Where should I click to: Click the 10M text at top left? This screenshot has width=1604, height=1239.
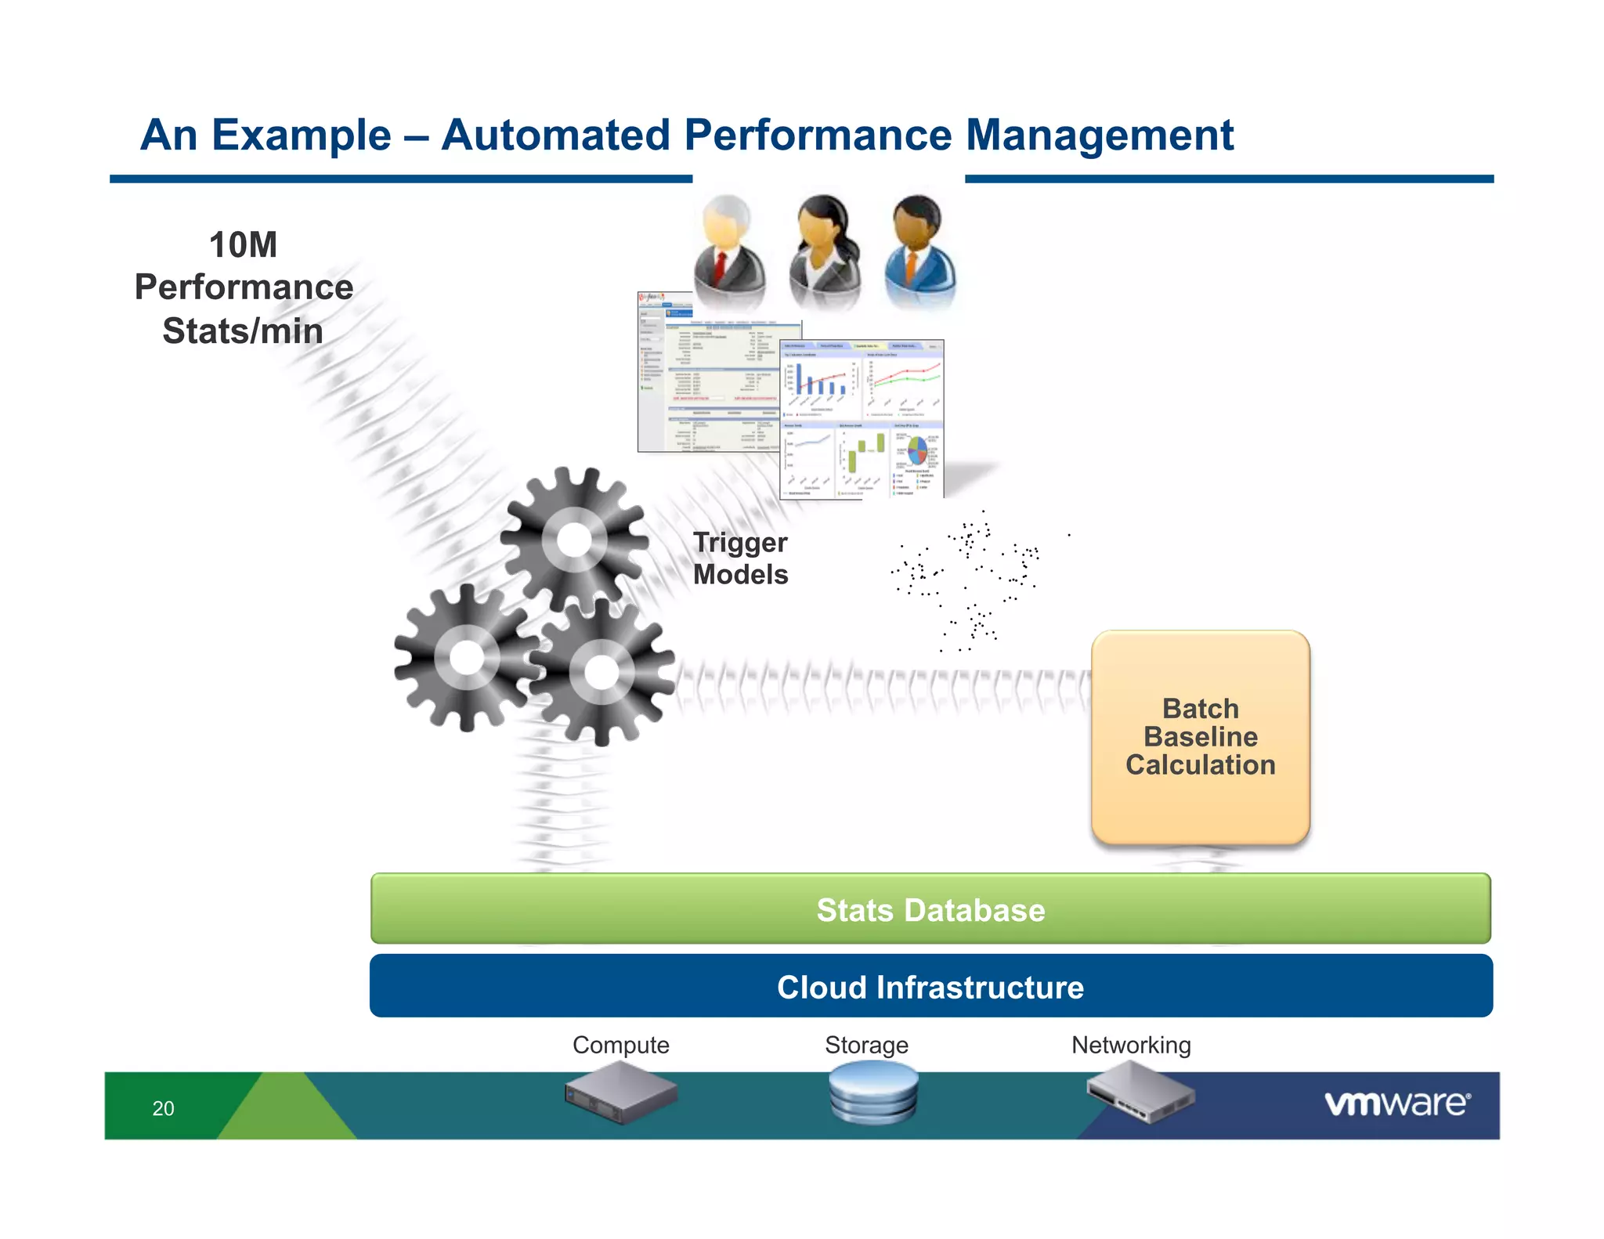point(243,245)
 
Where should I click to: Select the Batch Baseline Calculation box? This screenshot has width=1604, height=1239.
point(1200,737)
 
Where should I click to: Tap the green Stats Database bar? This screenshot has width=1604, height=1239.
point(930,909)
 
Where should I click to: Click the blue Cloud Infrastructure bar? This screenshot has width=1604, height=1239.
point(930,987)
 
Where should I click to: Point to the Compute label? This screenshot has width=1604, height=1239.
point(620,1045)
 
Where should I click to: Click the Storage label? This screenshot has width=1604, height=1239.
point(866,1045)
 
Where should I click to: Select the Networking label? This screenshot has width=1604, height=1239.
point(1130,1045)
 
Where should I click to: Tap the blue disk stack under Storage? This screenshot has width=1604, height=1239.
point(872,1092)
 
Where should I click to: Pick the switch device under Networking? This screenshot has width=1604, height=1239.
point(1140,1092)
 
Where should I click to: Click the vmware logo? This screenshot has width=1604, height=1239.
point(1396,1104)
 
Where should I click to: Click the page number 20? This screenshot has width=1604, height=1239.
point(163,1108)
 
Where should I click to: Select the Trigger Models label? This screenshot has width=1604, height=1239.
point(739,558)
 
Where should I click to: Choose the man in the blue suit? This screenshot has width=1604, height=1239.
point(919,251)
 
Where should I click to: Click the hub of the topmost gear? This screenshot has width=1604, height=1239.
point(574,540)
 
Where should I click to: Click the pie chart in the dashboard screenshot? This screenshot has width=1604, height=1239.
point(917,450)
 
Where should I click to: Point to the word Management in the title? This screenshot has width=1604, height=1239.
point(1099,135)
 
